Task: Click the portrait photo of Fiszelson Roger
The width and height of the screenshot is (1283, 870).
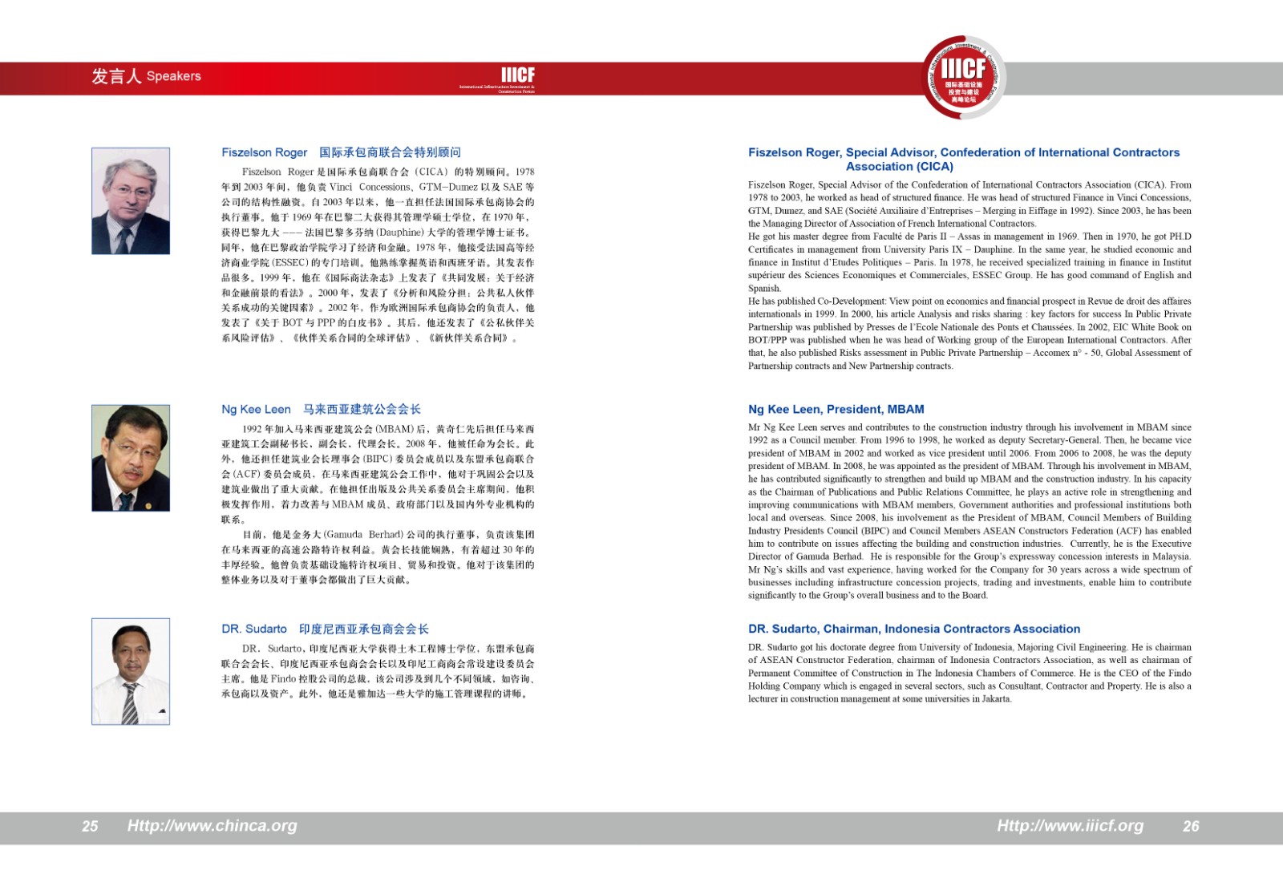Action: pos(131,200)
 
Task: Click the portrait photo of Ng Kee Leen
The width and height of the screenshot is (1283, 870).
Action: pos(131,458)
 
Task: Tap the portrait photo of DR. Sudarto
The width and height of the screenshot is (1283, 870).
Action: pos(131,671)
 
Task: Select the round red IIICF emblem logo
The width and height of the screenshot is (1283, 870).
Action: pos(963,78)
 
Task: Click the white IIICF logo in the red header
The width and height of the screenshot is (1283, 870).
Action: pos(517,75)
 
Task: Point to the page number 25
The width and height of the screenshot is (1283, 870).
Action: pos(90,826)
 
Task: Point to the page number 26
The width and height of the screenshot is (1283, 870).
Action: pos(1191,826)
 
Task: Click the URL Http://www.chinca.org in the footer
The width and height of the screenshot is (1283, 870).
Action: pos(212,825)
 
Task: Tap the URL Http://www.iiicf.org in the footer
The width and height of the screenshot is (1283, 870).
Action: pos(1070,825)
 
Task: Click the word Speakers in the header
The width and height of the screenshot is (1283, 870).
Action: pos(174,76)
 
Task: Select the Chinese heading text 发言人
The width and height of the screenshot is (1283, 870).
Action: pos(115,76)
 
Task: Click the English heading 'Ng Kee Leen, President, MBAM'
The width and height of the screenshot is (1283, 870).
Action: pos(836,409)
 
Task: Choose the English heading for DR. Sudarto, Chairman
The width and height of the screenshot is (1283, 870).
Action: pos(914,629)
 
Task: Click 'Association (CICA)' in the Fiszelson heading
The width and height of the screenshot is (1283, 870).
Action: pos(899,167)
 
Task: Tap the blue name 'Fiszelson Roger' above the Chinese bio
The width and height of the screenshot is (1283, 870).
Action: pos(264,152)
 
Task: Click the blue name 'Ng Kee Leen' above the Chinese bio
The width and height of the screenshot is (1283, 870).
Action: pos(256,409)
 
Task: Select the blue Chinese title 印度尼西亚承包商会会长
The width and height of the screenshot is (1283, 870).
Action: pos(363,629)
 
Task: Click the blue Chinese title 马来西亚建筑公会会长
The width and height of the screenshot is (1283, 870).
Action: pos(362,409)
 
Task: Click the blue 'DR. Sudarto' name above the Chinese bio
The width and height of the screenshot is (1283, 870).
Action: pos(253,629)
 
